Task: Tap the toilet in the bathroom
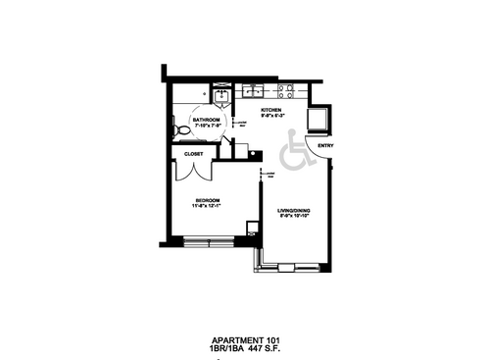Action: coord(178,129)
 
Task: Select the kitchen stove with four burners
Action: coord(286,91)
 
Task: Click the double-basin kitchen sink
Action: coord(252,91)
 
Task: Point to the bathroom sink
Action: coord(220,94)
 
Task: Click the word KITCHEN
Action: coord(271,109)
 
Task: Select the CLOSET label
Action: coord(193,154)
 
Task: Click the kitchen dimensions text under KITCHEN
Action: coord(271,115)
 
